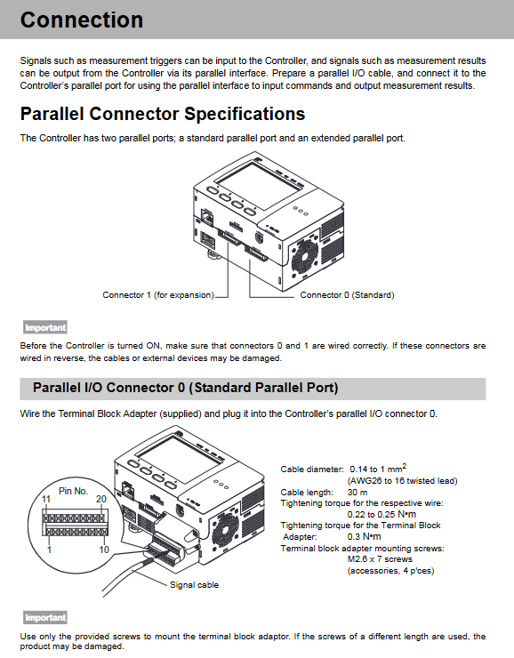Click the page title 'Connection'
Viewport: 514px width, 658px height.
coord(82,20)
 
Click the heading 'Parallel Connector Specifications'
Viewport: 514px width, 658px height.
coord(163,114)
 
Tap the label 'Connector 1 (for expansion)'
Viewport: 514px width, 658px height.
coord(158,295)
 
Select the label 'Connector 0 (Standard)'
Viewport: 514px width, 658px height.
coord(347,295)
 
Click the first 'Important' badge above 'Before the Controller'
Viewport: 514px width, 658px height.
coord(45,327)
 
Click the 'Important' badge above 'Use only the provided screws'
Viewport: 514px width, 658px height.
coord(45,617)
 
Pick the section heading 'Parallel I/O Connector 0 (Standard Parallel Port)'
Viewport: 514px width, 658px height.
coord(186,388)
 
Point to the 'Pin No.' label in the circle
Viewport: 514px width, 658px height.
coord(74,491)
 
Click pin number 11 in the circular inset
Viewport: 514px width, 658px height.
coord(46,499)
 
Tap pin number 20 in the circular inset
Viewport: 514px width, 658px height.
coord(101,499)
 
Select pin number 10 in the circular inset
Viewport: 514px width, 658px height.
coord(104,550)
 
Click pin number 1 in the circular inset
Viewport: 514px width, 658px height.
coord(50,550)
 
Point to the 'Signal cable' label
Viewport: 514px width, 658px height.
coord(194,584)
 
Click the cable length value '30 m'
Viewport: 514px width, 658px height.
coord(357,493)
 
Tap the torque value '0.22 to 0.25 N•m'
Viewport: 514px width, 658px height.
coord(381,515)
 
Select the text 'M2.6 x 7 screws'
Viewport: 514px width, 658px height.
coord(380,559)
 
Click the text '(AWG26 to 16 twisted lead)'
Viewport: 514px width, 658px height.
coord(402,481)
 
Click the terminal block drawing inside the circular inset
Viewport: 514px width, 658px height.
coord(75,523)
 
